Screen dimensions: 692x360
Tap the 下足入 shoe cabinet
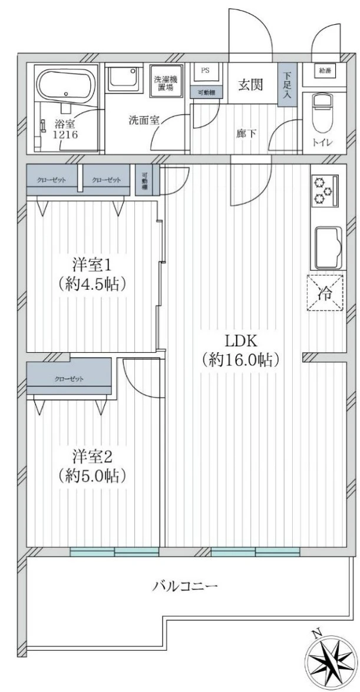pos(287,85)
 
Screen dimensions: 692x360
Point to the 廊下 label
pos(245,133)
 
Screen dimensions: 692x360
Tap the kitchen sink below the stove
pos(325,247)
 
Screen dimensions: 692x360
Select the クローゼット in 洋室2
pos(70,378)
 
